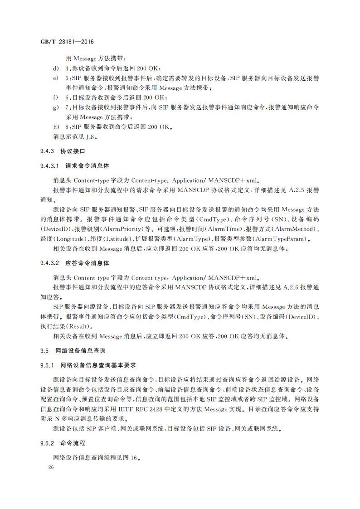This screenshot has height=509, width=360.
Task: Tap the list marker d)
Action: [x=56, y=68]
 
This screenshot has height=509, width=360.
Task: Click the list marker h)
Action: [x=56, y=127]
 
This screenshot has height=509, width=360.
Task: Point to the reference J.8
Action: [x=91, y=136]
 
